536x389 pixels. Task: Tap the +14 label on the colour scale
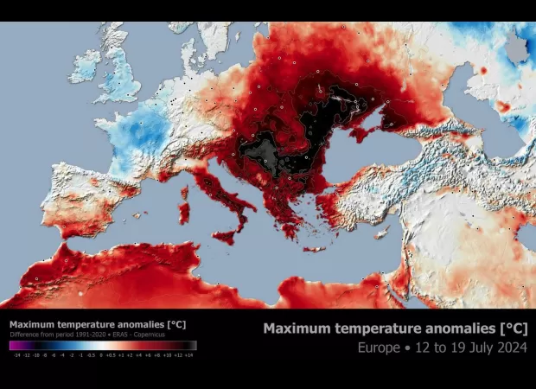(x=188, y=354)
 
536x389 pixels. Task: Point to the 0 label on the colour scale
(x=100, y=354)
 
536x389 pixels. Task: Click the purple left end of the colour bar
(x=14, y=345)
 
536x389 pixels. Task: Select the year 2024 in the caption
(x=508, y=348)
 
